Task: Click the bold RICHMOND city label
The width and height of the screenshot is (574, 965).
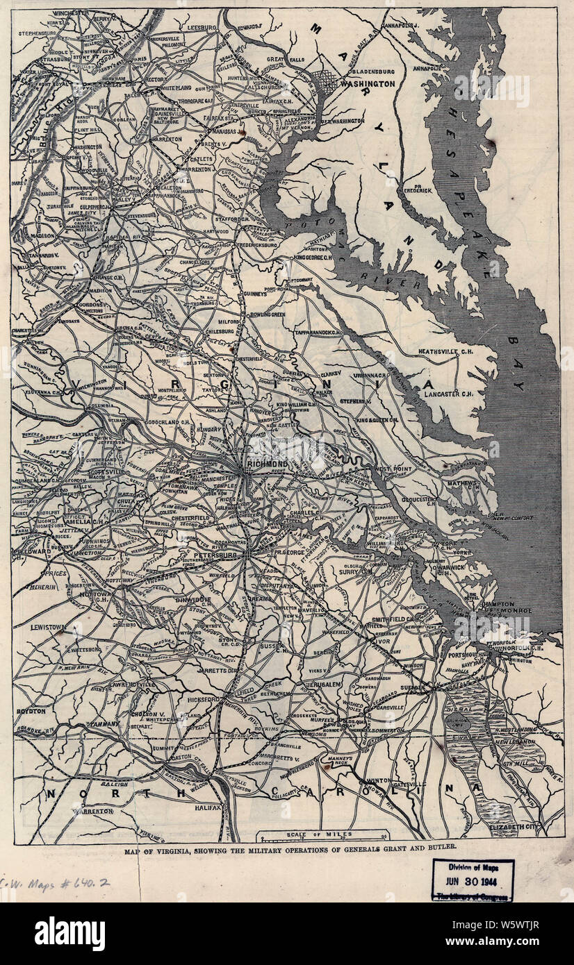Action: (267, 463)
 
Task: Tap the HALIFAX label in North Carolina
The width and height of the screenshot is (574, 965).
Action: (204, 809)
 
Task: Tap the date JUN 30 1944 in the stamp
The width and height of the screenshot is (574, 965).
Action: (473, 882)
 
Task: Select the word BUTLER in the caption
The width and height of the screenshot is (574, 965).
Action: (438, 848)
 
